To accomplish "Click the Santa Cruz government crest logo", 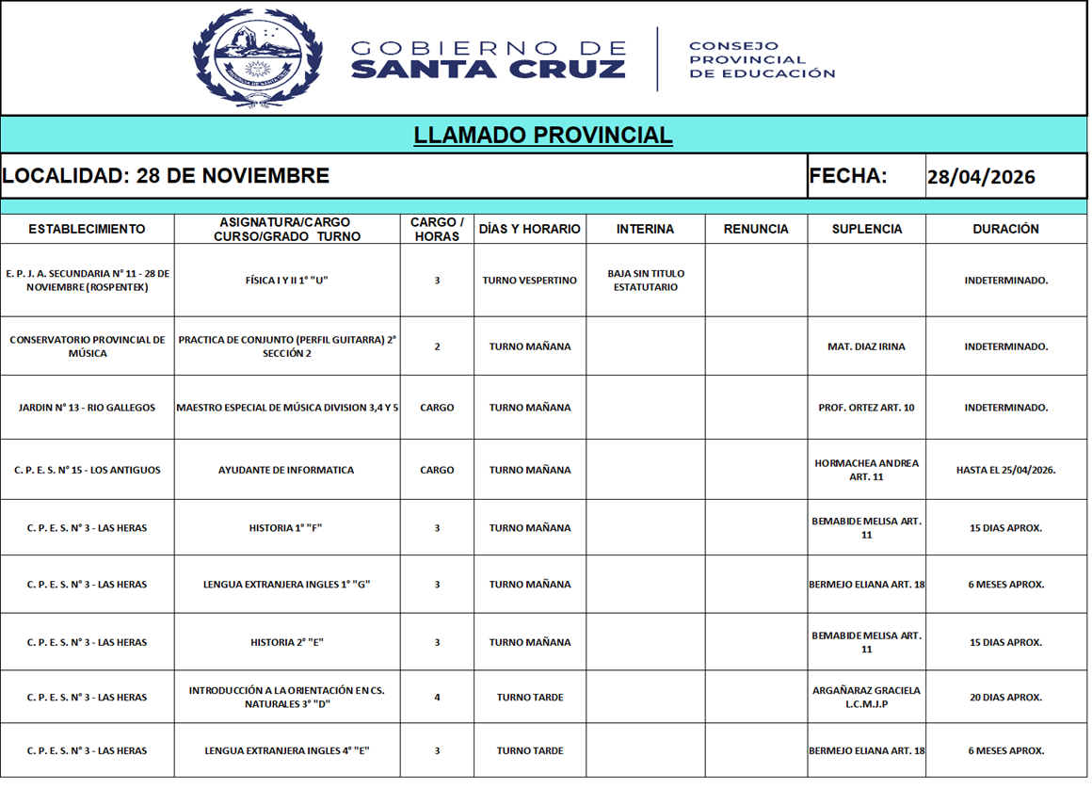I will [257, 57].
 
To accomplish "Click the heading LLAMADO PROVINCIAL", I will [543, 136].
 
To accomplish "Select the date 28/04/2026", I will [981, 177].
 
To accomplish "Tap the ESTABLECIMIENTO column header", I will [87, 229].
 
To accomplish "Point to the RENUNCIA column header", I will [756, 229].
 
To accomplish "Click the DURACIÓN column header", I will [1005, 229].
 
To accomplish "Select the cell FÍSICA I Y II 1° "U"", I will [287, 281].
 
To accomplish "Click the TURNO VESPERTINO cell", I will [530, 281].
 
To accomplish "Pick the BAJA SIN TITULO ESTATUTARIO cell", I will [646, 281].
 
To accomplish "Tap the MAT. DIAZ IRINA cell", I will [866, 346].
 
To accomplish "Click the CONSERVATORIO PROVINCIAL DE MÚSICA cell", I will [87, 346].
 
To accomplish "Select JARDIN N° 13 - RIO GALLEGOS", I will [87, 408].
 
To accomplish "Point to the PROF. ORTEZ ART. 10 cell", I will [866, 408].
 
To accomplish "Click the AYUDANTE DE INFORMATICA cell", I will [286, 470].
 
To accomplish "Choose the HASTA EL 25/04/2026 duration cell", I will [1005, 470].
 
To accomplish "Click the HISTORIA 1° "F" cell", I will [286, 528].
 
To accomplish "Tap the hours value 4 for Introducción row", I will [437, 698].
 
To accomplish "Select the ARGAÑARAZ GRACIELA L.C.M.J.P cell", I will [866, 698].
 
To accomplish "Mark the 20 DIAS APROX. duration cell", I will [1005, 698].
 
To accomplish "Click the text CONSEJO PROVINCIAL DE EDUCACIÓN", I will [762, 59].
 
